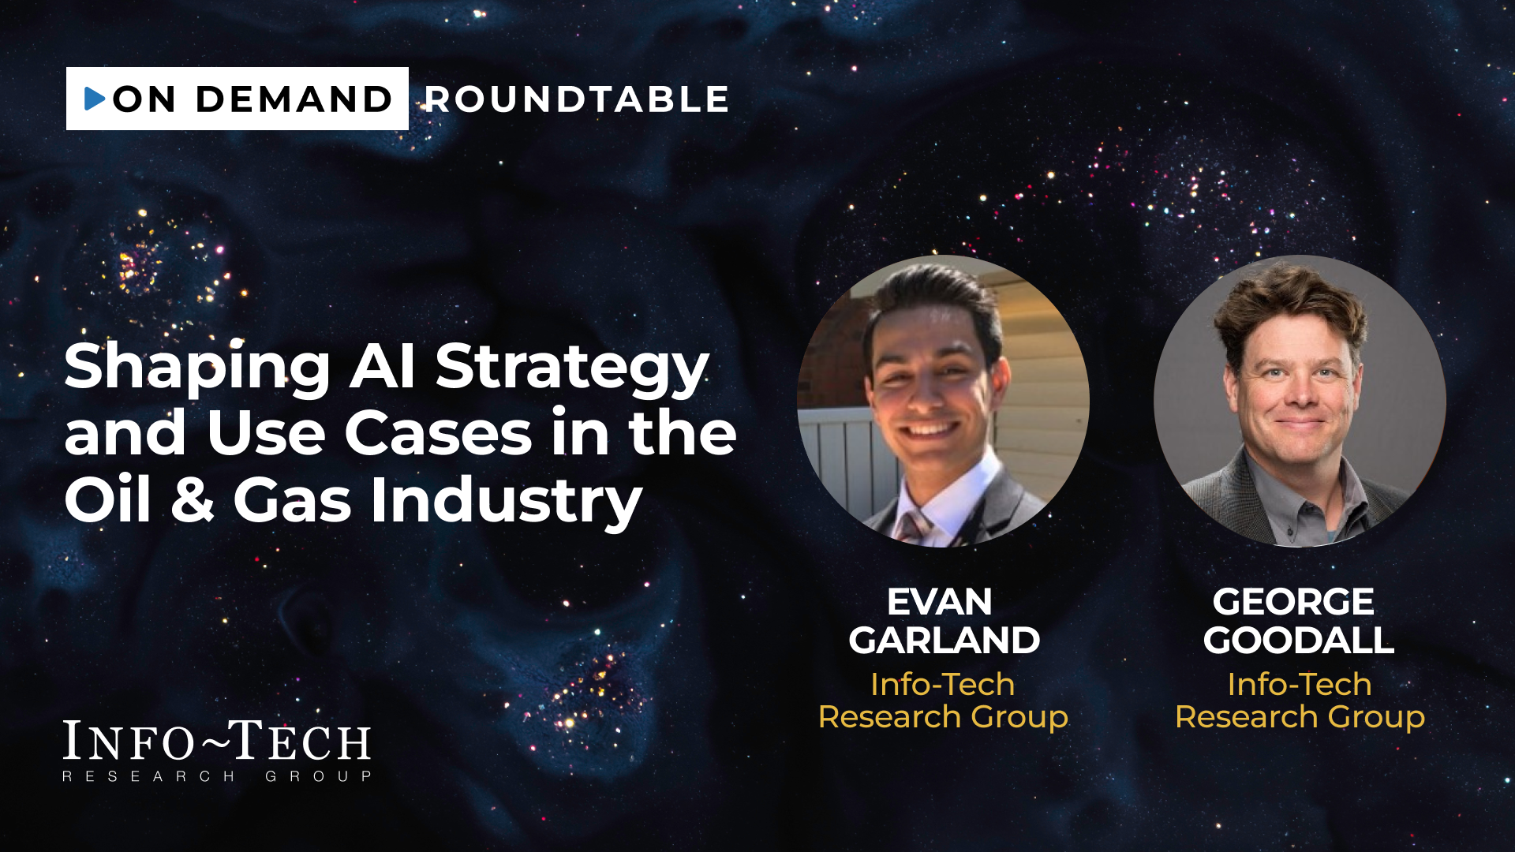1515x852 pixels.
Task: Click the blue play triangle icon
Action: [x=95, y=99]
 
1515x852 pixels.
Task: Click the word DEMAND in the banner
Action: [x=294, y=99]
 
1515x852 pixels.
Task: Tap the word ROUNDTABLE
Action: [x=577, y=99]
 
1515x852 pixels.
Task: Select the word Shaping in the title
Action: [x=197, y=369]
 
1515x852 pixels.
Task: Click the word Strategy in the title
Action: [x=572, y=369]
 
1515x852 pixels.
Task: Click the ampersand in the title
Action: [x=193, y=500]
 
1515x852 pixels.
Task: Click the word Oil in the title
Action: [x=107, y=499]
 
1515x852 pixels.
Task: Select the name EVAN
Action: [x=940, y=602]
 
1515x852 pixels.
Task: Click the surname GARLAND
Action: [x=944, y=640]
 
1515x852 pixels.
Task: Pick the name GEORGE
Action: [x=1293, y=602]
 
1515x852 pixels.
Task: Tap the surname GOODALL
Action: [x=1299, y=640]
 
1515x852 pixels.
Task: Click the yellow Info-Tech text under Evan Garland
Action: [x=943, y=685]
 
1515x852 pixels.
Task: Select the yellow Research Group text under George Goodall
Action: [x=1300, y=718]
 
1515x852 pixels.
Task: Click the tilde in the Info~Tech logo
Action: [x=215, y=739]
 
